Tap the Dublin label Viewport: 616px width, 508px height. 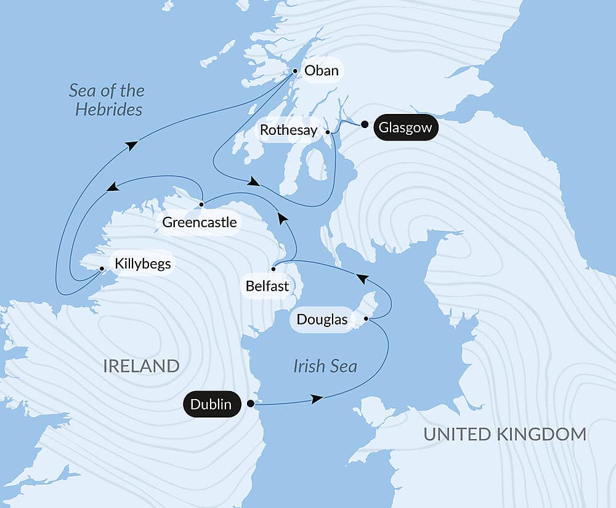point(211,404)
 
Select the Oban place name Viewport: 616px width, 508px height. point(322,71)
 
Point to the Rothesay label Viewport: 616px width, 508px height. point(288,131)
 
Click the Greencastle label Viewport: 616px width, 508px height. point(199,222)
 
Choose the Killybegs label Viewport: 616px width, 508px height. point(142,264)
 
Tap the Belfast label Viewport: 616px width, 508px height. point(267,286)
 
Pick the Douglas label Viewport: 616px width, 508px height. point(322,320)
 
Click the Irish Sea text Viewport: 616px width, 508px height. point(325,366)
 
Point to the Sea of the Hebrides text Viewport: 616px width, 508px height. point(106,100)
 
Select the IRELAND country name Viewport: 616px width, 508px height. point(141,366)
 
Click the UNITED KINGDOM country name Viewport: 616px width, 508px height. point(505,434)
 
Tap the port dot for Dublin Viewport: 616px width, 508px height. point(251,404)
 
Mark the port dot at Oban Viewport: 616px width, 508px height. point(295,71)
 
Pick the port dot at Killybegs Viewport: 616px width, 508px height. point(102,268)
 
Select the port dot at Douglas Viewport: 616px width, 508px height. point(367,319)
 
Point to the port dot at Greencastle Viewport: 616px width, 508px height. point(201,204)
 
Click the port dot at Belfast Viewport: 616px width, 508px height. point(273,268)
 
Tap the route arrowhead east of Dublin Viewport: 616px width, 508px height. point(317,399)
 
